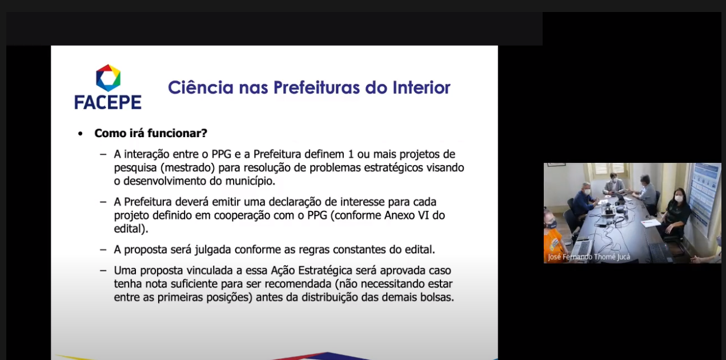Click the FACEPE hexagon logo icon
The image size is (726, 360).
109,78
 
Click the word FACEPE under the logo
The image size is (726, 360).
108,102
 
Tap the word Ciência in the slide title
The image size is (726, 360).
200,87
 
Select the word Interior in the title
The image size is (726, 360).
422,87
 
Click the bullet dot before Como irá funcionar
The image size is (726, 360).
81,134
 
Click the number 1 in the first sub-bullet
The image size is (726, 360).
351,154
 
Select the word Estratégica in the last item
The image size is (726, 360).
325,270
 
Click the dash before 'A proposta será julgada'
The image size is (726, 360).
103,250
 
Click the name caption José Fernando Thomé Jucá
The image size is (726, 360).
589,257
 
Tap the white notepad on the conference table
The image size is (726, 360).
651,223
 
